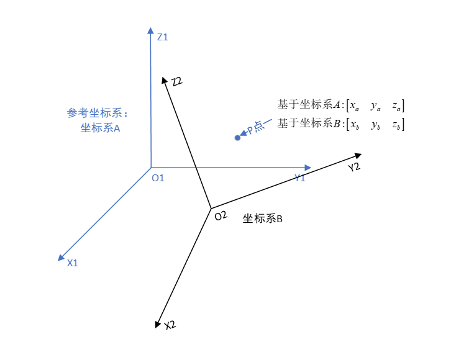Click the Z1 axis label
coord(162,37)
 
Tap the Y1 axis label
coord(299,178)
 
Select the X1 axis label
coord(72,263)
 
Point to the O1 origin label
coord(158,178)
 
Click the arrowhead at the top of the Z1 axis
coord(150,30)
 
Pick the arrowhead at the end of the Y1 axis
coord(308,168)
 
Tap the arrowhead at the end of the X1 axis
coord(61,258)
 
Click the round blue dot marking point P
coord(237,138)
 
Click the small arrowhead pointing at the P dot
coord(243,133)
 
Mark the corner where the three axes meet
coord(151,168)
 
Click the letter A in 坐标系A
coord(117,128)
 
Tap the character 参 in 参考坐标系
coord(72,113)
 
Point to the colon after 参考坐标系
coord(126,114)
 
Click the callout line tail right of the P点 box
coord(270,120)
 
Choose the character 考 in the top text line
coord(83,113)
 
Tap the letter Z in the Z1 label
coord(160,37)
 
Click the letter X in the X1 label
coord(70,263)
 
